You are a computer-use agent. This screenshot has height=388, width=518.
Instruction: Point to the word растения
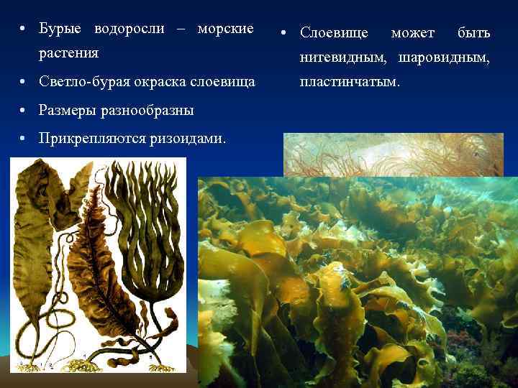tap(68, 53)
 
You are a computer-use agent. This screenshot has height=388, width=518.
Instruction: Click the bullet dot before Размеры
tap(24, 111)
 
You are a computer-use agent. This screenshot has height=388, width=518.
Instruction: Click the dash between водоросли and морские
tap(179, 29)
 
